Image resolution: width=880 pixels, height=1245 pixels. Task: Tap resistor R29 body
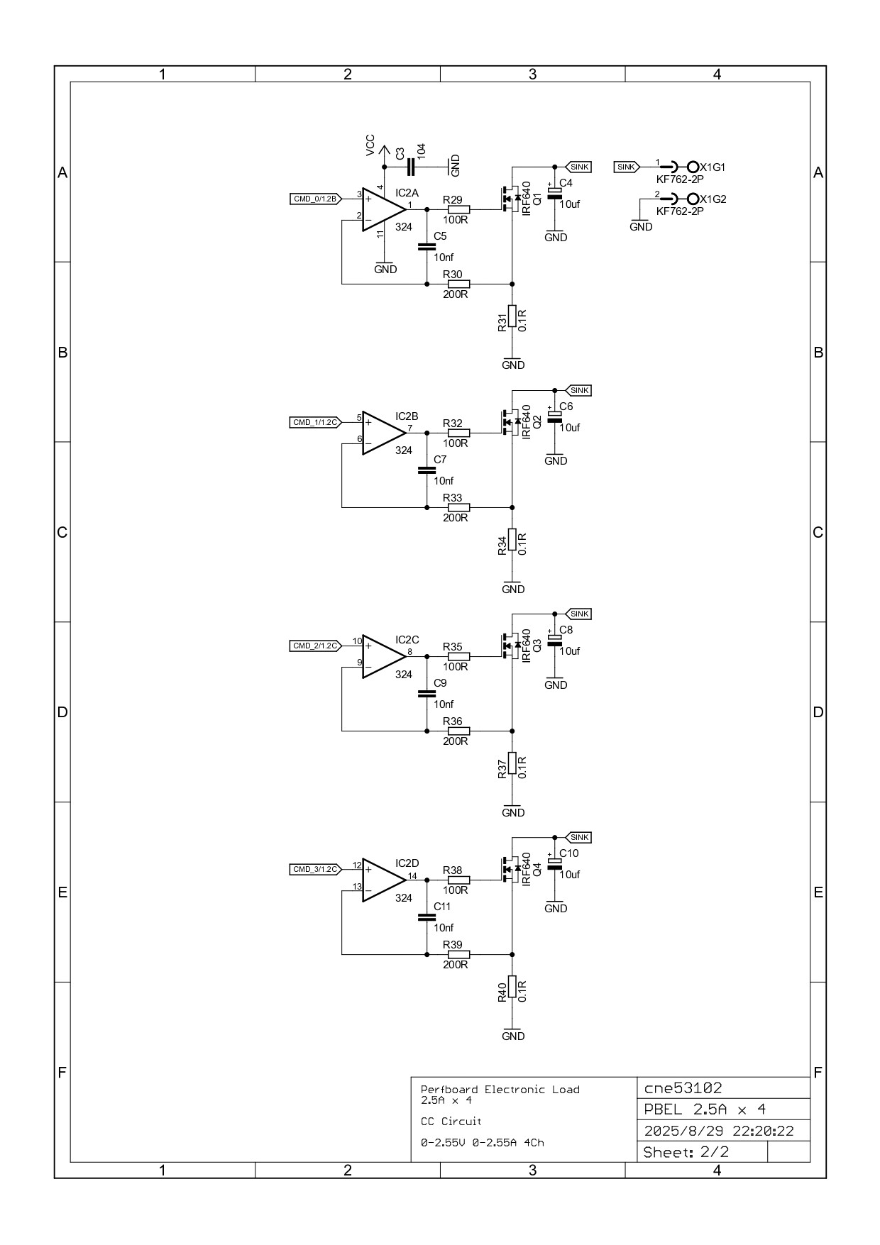(458, 209)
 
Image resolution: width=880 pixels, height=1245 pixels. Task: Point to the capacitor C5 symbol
(427, 247)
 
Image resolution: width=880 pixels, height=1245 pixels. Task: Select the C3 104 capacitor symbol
(411, 167)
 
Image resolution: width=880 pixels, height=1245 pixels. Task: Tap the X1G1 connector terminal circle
(693, 167)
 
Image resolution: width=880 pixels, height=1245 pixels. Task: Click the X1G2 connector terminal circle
(693, 199)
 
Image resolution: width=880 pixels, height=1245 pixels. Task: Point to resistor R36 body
(458, 731)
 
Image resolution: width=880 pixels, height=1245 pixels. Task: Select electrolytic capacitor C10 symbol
(555, 862)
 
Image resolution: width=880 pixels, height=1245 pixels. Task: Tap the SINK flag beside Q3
(579, 614)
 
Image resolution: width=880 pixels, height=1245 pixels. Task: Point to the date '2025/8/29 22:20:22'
(718, 1131)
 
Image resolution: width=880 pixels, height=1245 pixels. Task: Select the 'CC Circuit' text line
(451, 1122)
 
